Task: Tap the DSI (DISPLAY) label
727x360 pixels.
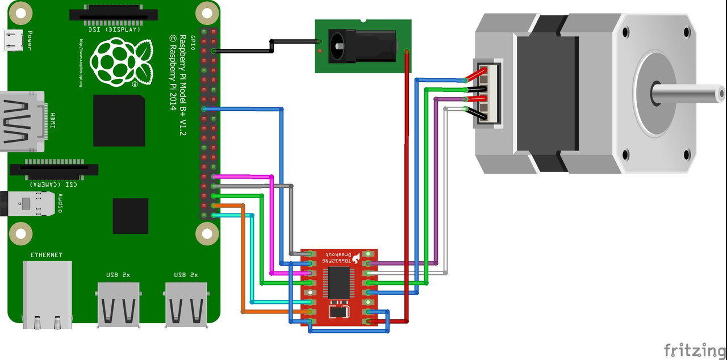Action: [114, 29]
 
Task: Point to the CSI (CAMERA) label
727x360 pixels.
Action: [53, 184]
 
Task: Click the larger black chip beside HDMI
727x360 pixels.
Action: [119, 120]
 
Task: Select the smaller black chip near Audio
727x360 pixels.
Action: [131, 216]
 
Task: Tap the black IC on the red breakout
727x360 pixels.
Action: [339, 282]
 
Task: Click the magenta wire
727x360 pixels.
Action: [271, 227]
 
